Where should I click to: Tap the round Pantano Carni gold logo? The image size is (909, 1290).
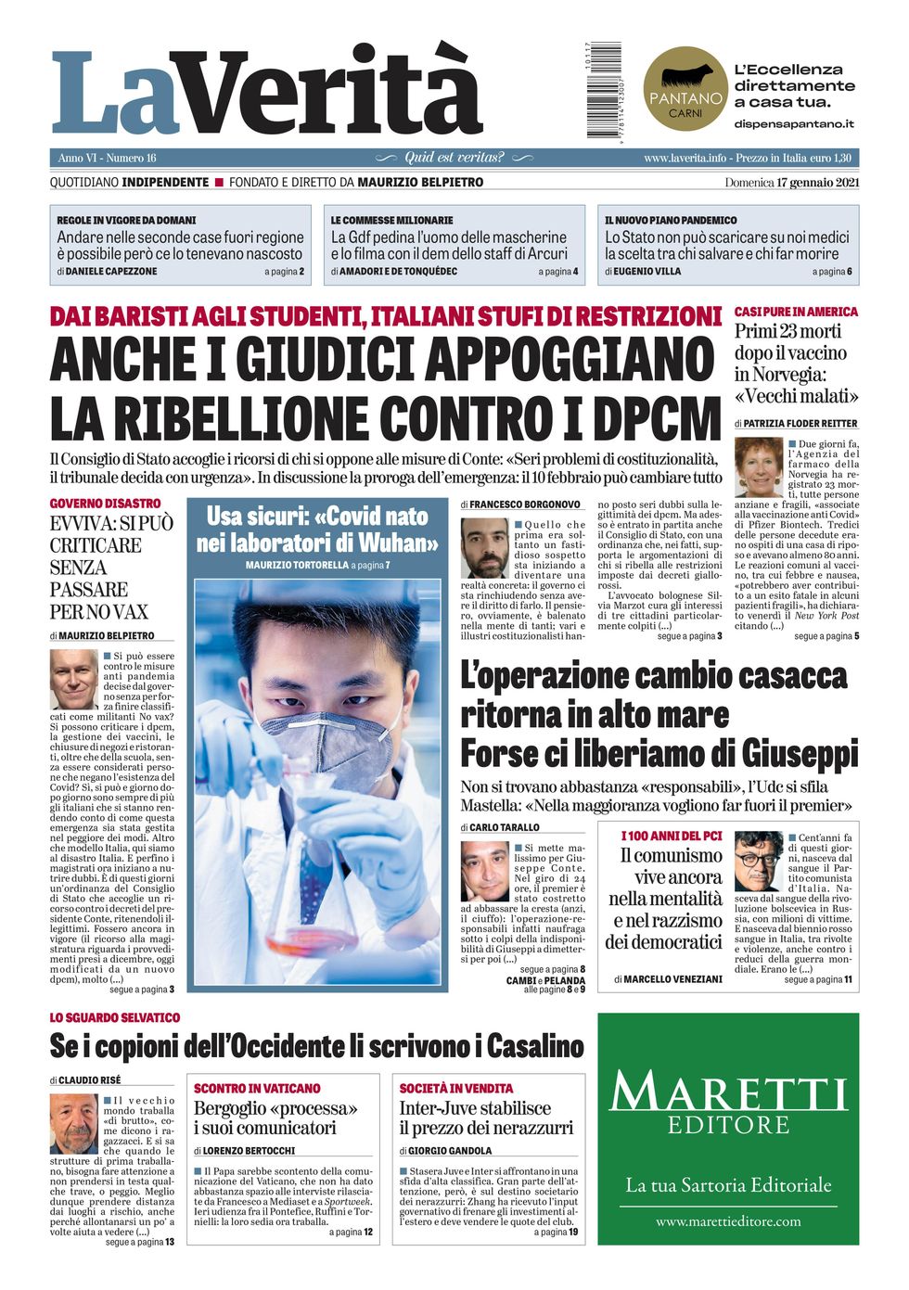pyautogui.click(x=685, y=88)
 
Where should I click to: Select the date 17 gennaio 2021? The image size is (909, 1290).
pyautogui.click(x=817, y=182)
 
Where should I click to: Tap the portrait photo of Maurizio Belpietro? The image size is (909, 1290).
pyautogui.click(x=74, y=679)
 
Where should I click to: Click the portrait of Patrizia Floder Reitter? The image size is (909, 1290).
pyautogui.click(x=759, y=466)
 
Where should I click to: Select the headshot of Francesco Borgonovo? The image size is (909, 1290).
pyautogui.click(x=484, y=548)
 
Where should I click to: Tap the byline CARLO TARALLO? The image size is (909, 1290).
pyautogui.click(x=504, y=827)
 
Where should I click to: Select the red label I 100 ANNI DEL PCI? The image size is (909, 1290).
pyautogui.click(x=671, y=836)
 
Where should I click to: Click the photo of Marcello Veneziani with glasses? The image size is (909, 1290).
pyautogui.click(x=759, y=862)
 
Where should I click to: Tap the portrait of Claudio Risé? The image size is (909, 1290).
pyautogui.click(x=73, y=1123)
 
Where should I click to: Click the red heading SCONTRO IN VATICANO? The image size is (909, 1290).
pyautogui.click(x=257, y=1088)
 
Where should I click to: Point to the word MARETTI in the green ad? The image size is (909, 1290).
pyautogui.click(x=728, y=1092)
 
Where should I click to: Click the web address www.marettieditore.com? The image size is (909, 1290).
pyautogui.click(x=728, y=1221)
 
